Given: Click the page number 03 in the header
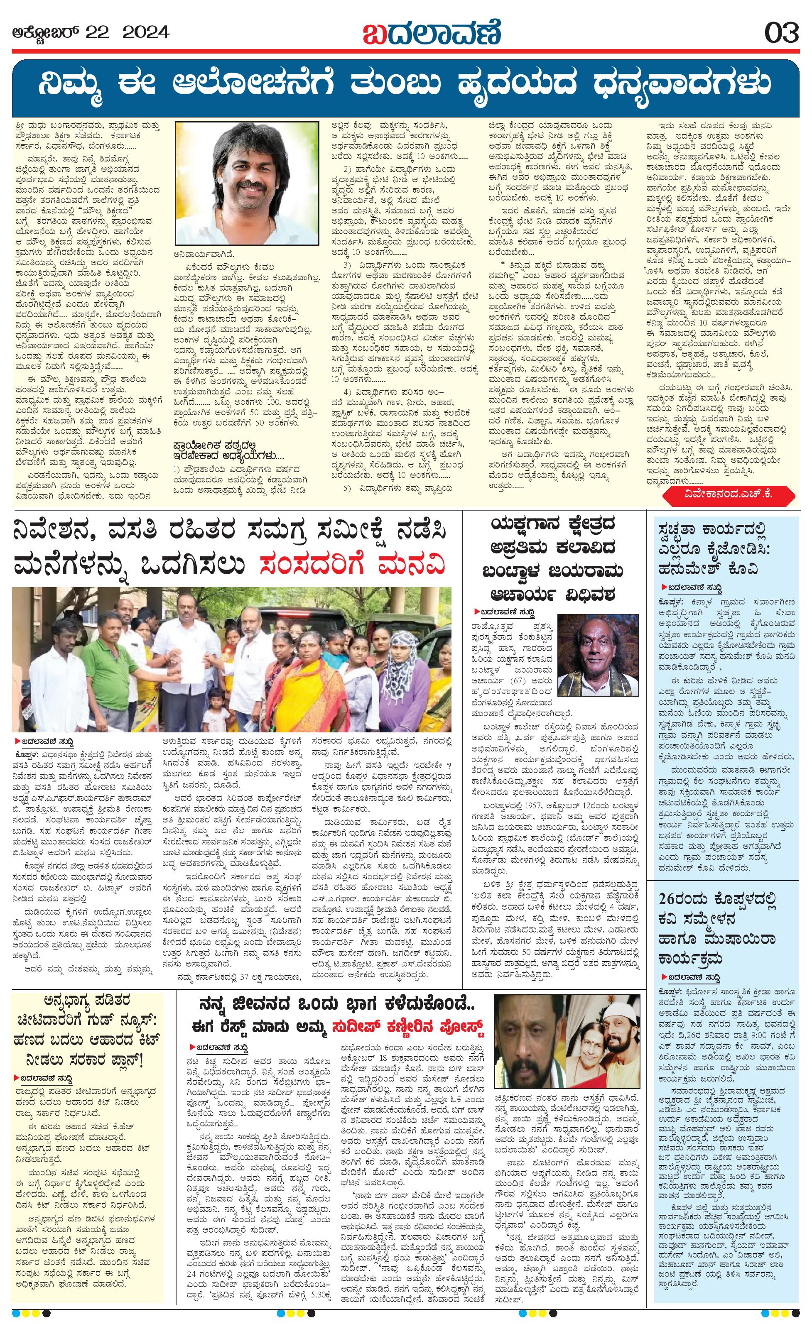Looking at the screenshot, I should [782, 34].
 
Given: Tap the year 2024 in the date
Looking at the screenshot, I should [146, 33].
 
